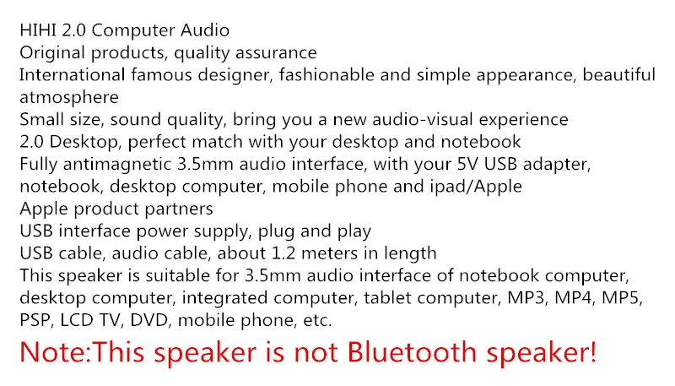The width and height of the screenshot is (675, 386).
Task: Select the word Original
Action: pos(52,53)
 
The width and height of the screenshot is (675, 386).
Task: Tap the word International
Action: pos(72,75)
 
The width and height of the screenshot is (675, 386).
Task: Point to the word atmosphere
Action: pos(69,97)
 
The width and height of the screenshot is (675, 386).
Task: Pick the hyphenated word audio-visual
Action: pos(423,119)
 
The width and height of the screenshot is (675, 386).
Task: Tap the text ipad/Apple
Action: pos(476,187)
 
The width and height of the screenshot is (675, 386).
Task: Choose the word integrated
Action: pos(224,298)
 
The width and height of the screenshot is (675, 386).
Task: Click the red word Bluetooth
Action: pos(412,352)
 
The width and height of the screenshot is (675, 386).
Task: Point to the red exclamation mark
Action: pos(592,352)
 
